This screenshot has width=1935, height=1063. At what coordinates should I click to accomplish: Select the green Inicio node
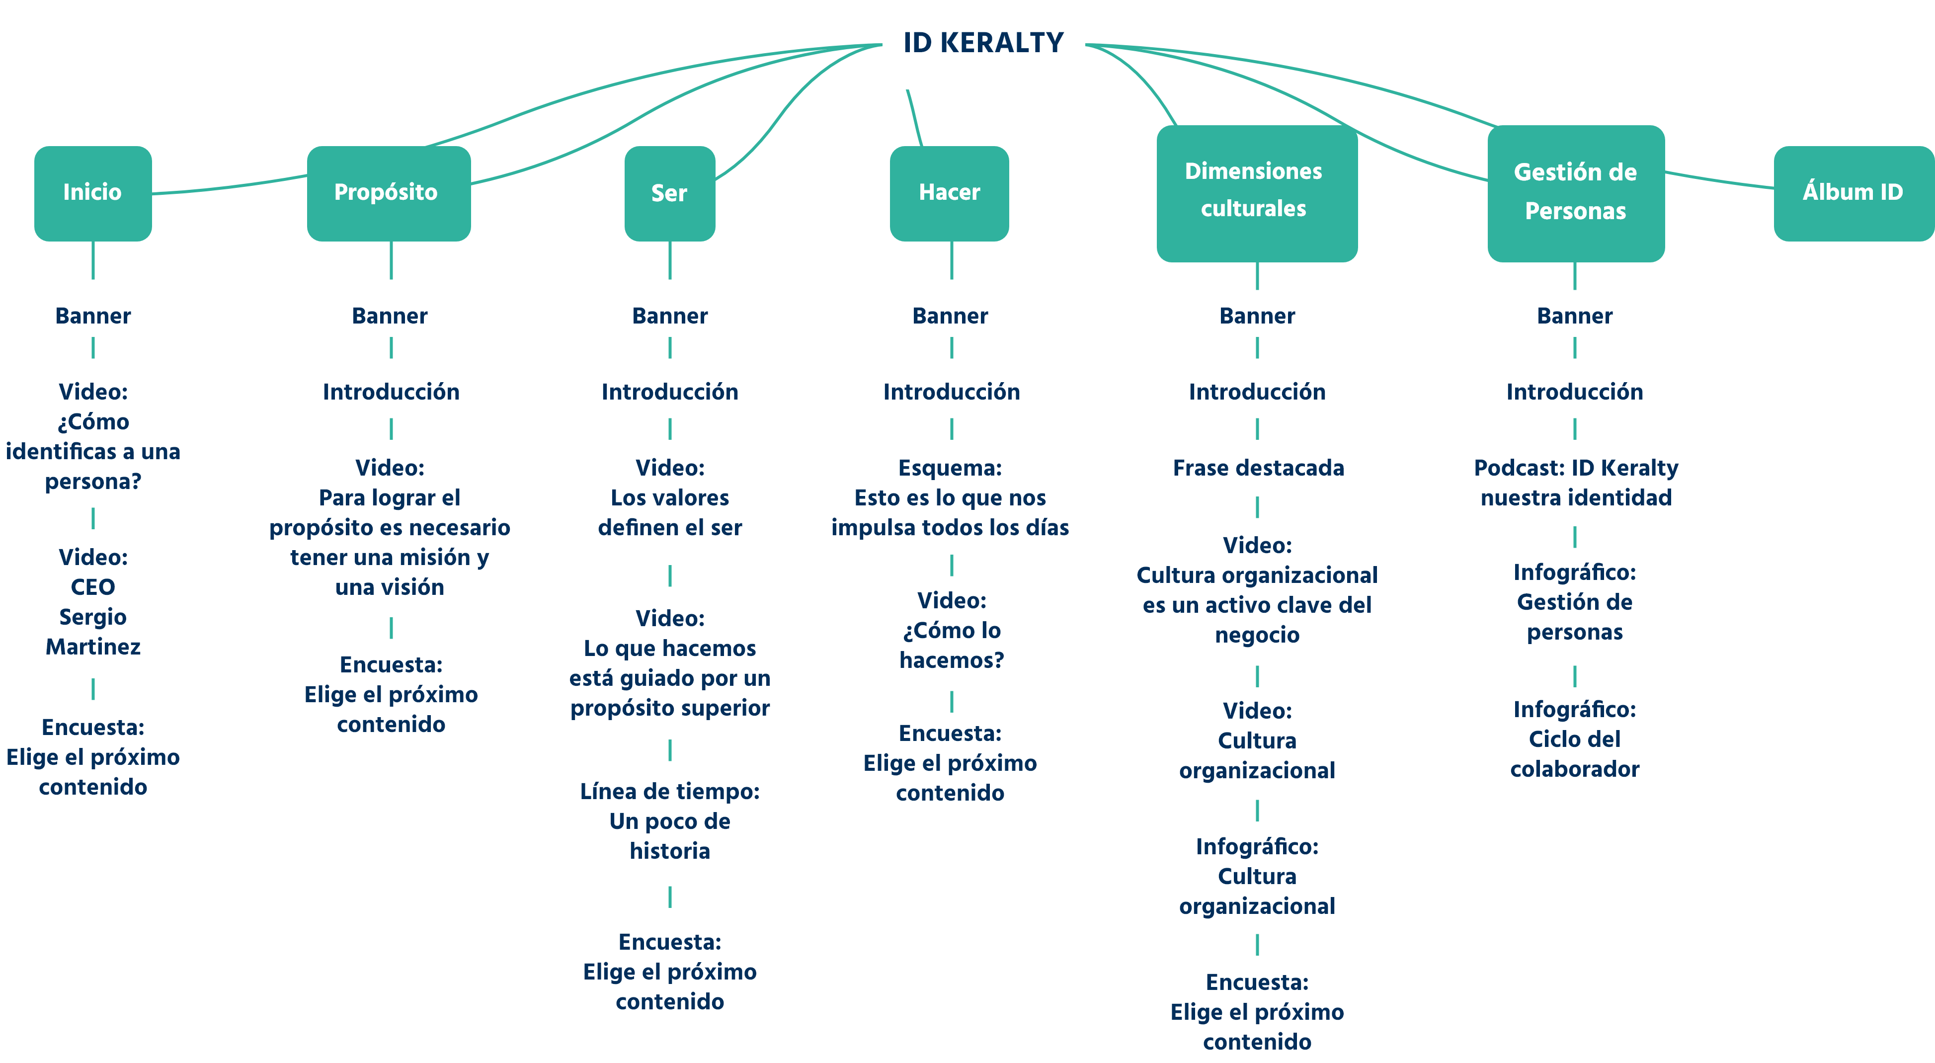point(92,192)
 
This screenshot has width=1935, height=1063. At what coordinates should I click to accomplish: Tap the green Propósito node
point(389,192)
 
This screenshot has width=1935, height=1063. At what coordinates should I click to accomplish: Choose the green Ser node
point(669,193)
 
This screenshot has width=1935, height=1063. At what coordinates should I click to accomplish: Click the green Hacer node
point(950,192)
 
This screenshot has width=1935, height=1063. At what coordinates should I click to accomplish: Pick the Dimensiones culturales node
point(1256,192)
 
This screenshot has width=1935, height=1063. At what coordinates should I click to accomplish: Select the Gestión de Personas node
point(1575,192)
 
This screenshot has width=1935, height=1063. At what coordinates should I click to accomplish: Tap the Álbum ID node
point(1853,192)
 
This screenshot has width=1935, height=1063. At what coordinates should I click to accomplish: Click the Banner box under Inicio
point(93,316)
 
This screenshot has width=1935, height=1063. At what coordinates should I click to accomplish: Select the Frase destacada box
point(1257,468)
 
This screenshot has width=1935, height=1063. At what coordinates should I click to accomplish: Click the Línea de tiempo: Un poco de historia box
point(669,820)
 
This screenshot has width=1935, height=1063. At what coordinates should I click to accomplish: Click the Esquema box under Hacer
point(950,498)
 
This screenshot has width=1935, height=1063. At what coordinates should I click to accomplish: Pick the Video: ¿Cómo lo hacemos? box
point(951,630)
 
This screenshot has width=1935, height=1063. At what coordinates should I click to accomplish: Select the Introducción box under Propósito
point(391,392)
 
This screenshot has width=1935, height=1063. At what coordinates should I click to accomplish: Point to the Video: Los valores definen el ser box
point(669,498)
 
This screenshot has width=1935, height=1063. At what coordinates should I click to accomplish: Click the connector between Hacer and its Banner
point(951,261)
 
